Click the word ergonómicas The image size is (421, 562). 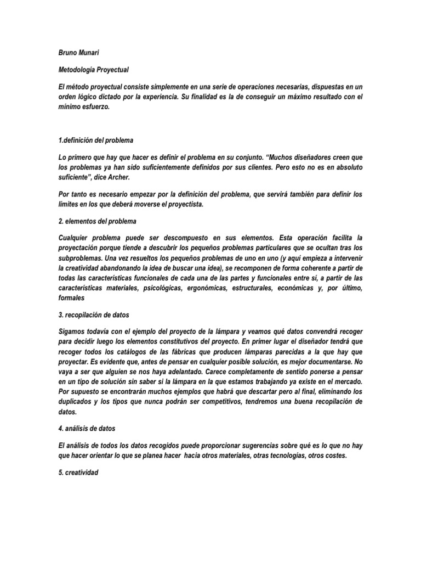pos(208,289)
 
